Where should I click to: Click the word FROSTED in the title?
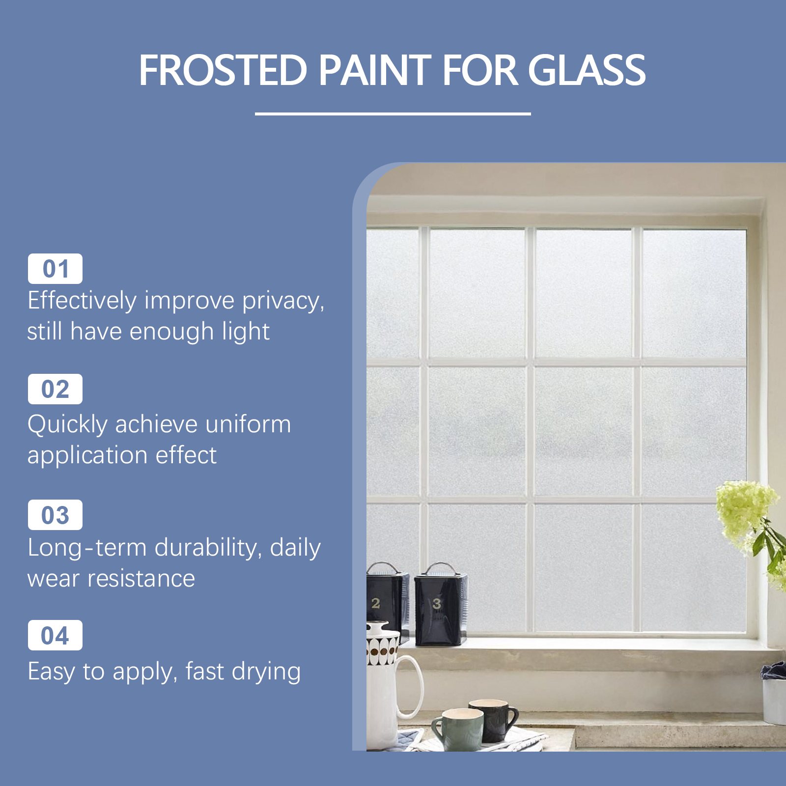(223, 70)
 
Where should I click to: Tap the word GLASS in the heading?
(587, 70)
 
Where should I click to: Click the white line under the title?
(393, 113)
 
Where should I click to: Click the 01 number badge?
(55, 269)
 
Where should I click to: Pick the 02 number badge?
(55, 389)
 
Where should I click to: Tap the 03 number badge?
(55, 515)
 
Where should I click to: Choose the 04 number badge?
(55, 635)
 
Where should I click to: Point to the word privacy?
(283, 301)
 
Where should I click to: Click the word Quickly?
(67, 425)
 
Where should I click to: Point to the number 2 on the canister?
(376, 603)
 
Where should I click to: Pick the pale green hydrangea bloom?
(744, 511)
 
